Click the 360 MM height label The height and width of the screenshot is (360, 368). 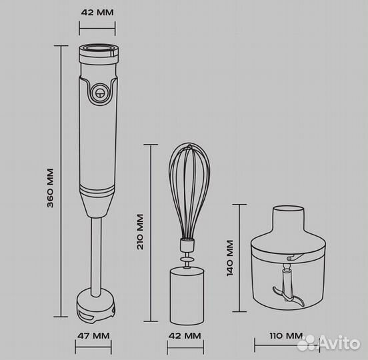pyautogui.click(x=50, y=188)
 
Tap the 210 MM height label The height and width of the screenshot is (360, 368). pyautogui.click(x=140, y=231)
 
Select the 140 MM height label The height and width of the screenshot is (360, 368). pyautogui.click(x=230, y=258)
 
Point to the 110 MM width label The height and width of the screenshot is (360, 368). pyautogui.click(x=286, y=335)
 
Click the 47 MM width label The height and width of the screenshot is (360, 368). pyautogui.click(x=93, y=335)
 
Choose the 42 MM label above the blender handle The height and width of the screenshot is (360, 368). pyautogui.click(x=97, y=12)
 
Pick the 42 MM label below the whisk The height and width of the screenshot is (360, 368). pyautogui.click(x=185, y=335)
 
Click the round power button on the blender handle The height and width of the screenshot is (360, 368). pyautogui.click(x=100, y=93)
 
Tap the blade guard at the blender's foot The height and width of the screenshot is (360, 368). pyautogui.click(x=96, y=306)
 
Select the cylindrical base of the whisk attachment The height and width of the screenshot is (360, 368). pyautogui.click(x=187, y=297)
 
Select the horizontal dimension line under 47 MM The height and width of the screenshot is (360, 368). pyautogui.click(x=93, y=347)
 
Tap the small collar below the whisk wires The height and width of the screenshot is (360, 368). pyautogui.click(x=187, y=245)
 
